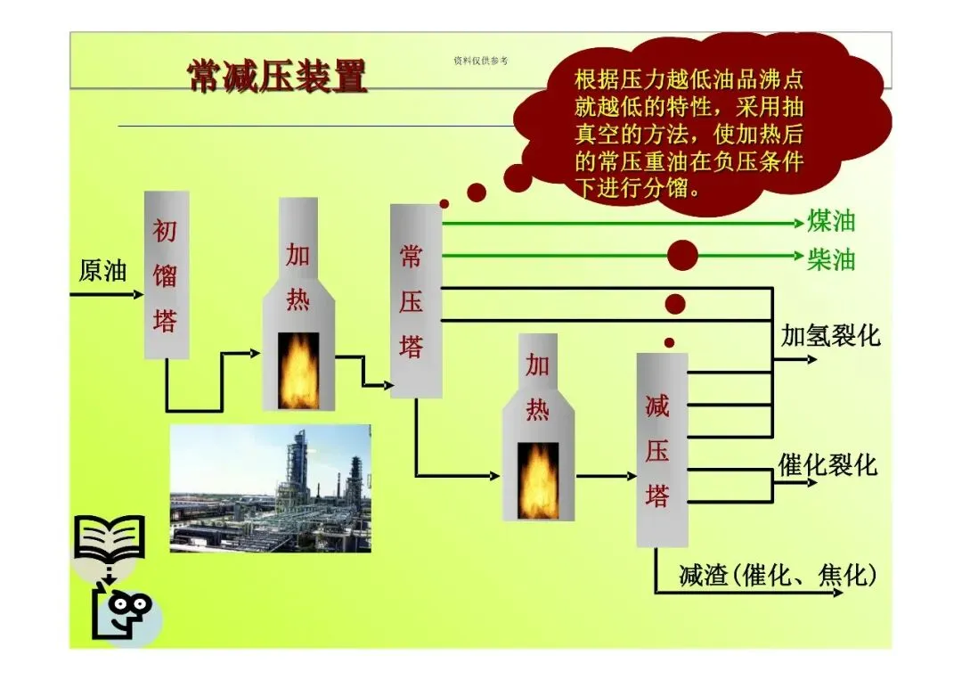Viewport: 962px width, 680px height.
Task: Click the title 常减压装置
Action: click(277, 78)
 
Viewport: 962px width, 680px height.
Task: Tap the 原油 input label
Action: click(103, 271)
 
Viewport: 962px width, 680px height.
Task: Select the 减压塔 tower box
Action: click(662, 449)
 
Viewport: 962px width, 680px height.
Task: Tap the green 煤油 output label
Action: click(830, 221)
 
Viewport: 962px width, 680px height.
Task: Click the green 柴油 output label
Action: click(830, 258)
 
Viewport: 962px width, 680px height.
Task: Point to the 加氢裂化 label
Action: click(830, 336)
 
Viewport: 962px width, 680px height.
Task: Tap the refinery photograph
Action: click(270, 488)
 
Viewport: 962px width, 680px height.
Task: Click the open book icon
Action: click(109, 538)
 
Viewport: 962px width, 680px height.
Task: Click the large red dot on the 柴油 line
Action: click(683, 257)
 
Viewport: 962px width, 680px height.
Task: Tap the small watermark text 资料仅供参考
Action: click(480, 61)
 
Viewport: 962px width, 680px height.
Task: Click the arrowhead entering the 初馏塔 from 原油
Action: click(137, 293)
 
